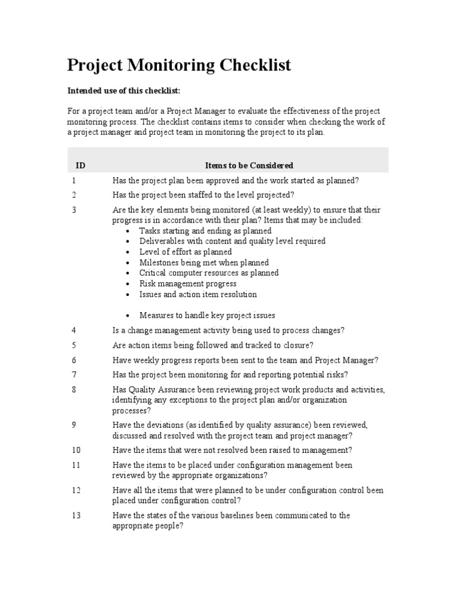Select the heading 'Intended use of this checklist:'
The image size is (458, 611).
(123, 90)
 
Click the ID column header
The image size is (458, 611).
(81, 165)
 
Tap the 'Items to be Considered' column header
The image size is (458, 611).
(249, 165)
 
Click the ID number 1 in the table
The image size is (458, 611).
(74, 180)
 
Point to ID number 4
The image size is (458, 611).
(74, 330)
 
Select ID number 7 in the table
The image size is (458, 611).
(74, 375)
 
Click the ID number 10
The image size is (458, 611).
(76, 450)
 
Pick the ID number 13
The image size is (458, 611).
(76, 516)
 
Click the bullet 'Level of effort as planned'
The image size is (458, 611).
(185, 252)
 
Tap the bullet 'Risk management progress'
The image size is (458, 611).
(188, 284)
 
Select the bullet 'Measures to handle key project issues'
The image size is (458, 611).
(207, 316)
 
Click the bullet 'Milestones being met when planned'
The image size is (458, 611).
(204, 263)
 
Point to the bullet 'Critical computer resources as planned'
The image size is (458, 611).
(209, 273)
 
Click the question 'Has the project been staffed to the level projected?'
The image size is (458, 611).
(203, 195)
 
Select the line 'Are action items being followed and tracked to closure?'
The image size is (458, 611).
(212, 345)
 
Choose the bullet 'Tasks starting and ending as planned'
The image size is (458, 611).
(205, 231)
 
